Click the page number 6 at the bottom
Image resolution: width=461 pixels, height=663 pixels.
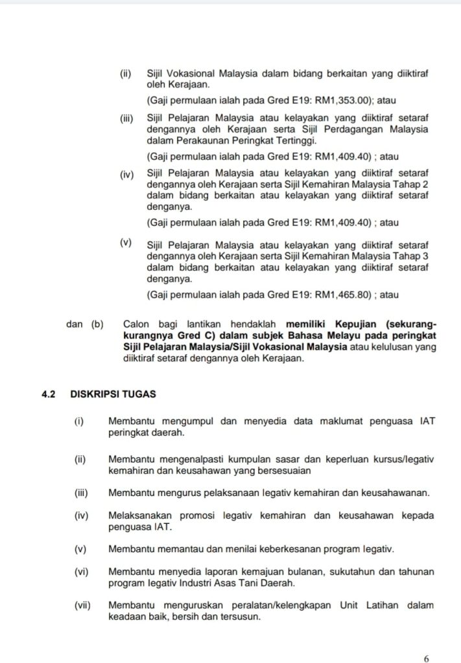point(426,658)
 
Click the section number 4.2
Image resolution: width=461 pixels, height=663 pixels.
point(49,393)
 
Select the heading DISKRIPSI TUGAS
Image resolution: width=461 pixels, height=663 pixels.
point(113,393)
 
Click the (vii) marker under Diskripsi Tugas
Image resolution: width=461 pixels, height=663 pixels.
point(82,605)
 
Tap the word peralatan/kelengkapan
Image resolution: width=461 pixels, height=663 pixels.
point(277,605)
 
